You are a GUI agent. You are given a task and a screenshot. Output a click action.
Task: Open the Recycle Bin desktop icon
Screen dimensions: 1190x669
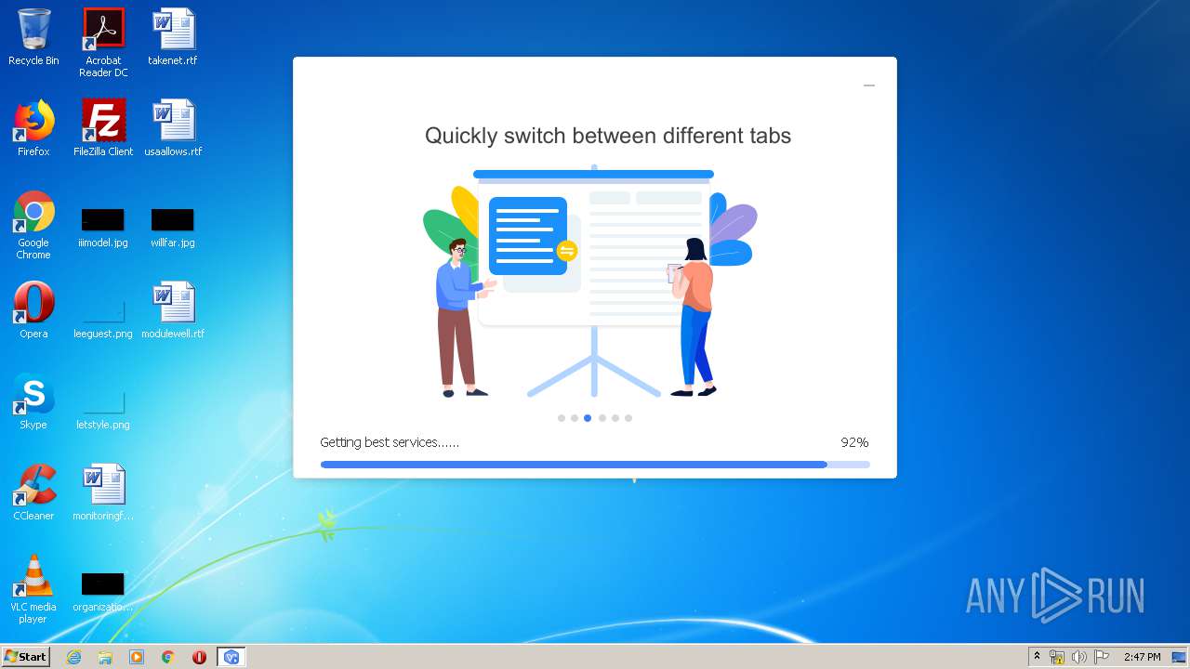pos(34,29)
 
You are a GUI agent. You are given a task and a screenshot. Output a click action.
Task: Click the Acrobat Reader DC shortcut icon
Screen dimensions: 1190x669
pos(103,29)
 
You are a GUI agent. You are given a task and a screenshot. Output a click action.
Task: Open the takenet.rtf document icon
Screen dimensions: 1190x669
pos(174,29)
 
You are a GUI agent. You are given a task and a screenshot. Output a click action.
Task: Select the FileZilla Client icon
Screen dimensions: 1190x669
pos(103,120)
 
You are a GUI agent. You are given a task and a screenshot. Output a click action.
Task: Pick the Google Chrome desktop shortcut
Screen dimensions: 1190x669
pos(33,211)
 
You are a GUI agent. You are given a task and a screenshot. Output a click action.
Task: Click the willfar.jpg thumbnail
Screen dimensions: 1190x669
pos(173,220)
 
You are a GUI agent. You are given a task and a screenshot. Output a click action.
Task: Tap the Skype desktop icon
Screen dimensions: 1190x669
pos(34,393)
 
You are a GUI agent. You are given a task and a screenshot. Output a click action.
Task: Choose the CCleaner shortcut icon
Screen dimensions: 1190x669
pos(34,484)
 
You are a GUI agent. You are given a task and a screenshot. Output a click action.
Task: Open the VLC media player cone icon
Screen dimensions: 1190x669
pos(33,575)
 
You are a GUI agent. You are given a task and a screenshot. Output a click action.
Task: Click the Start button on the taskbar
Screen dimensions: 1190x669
pos(25,657)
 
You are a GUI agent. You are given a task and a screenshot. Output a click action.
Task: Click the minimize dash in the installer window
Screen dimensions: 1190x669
pos(869,85)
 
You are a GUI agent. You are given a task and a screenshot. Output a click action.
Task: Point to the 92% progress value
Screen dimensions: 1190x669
pos(854,442)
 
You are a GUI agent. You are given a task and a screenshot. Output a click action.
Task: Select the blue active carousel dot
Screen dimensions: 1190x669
pos(588,418)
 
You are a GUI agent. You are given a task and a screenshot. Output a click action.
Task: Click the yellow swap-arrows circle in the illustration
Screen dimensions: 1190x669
pos(567,251)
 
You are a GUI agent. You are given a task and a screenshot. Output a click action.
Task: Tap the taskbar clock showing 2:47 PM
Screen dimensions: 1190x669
pos(1143,657)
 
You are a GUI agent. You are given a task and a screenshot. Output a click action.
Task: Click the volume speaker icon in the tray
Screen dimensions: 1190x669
pos(1079,657)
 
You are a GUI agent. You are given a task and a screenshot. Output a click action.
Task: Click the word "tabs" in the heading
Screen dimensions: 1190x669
pos(771,136)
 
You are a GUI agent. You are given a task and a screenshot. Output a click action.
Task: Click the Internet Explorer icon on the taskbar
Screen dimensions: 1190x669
pos(73,657)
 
